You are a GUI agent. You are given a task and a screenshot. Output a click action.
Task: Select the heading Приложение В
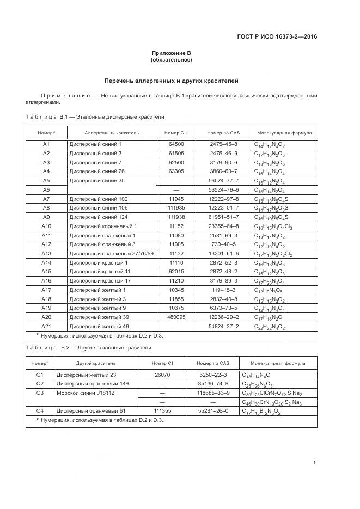point(172,53)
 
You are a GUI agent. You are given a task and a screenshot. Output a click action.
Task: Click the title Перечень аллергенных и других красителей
point(172,81)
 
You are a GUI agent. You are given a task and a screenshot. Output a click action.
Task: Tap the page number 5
point(315,463)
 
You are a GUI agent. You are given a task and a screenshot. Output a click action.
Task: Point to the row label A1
point(46,144)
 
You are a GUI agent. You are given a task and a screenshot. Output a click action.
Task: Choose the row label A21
point(46,326)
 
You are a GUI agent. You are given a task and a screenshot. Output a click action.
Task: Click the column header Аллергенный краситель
point(112,132)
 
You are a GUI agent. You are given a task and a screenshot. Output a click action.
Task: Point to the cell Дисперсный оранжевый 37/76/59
point(111,253)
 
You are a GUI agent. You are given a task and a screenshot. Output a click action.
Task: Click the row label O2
point(39,383)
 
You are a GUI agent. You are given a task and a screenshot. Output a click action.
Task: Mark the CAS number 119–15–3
point(224,290)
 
